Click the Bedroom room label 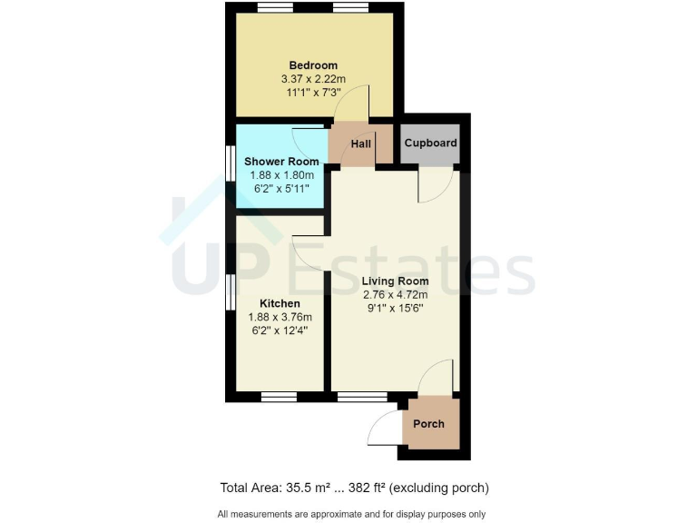click(313, 65)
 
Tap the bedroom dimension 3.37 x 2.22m click(313, 80)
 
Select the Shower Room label click(281, 162)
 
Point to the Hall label click(361, 143)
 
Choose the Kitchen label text click(280, 302)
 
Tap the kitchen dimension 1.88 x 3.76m click(280, 317)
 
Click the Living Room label click(395, 281)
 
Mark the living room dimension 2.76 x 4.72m click(395, 294)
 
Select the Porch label click(428, 424)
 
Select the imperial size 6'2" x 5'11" click(281, 189)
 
